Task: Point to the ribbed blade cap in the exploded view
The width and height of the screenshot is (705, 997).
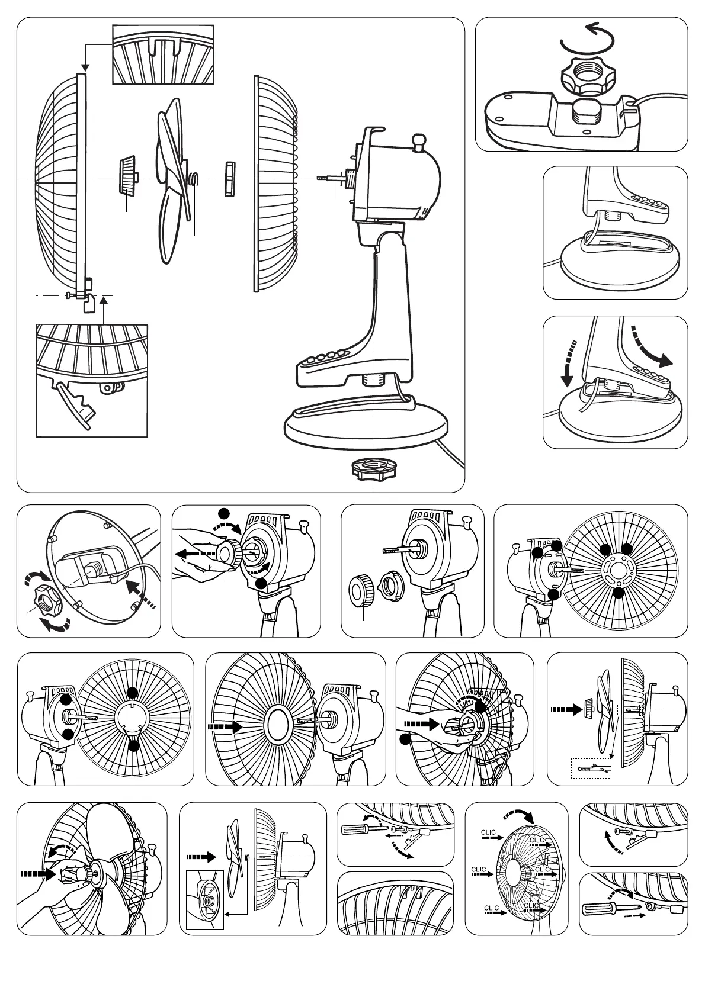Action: [127, 175]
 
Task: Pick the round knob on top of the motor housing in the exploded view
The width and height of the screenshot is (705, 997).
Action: [419, 142]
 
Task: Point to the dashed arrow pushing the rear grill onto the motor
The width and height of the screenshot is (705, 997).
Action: [226, 726]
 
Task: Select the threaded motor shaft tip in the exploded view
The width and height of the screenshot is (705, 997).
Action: [323, 178]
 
